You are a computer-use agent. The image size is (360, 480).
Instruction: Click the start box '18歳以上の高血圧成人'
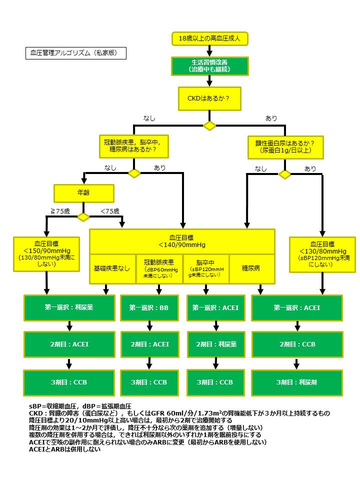coord(209,38)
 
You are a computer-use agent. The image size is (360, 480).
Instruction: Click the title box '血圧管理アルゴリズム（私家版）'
coord(75,52)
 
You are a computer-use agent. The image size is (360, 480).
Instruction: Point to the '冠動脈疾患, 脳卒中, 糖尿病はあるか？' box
coord(133,146)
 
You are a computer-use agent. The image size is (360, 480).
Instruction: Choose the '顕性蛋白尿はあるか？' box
coord(285,146)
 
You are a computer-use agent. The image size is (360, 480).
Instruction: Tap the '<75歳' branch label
coord(110,211)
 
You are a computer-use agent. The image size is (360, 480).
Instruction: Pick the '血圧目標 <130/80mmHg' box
coord(322,254)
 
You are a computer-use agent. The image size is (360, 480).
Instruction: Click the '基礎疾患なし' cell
coord(111,268)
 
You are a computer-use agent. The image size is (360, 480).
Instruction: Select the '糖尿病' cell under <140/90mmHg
coord(251,268)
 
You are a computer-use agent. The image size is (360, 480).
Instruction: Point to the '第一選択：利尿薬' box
coord(69,308)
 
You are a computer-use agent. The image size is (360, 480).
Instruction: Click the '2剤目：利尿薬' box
coord(216,344)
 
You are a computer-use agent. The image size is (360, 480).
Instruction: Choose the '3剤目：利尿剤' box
coord(297,382)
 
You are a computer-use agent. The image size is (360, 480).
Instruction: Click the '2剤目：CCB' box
coord(297,344)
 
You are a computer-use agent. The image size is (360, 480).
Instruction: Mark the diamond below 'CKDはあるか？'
coord(209,125)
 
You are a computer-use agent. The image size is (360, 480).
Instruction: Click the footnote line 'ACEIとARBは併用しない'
coord(65,449)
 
